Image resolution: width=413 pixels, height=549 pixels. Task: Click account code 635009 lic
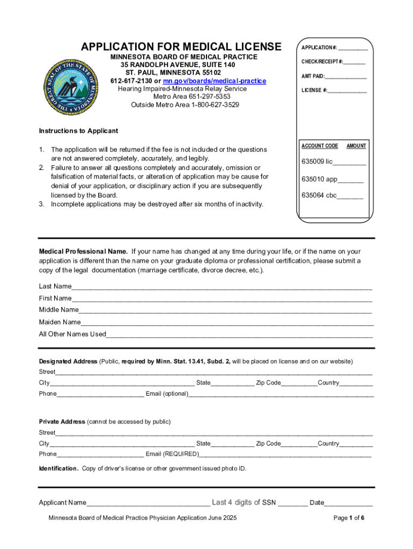click(334, 161)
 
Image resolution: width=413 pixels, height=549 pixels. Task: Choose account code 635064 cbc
click(332, 195)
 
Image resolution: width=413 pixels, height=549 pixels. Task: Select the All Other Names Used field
click(239, 335)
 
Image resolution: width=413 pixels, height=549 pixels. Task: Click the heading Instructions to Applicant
click(78, 131)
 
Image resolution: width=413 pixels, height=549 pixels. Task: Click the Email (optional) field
click(281, 394)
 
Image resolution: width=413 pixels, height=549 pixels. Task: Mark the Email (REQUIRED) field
click(285, 455)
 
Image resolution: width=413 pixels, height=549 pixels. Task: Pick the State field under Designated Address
click(232, 383)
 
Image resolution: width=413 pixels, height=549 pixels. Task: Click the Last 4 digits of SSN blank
click(292, 503)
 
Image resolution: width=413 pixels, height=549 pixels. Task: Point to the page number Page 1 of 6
click(349, 518)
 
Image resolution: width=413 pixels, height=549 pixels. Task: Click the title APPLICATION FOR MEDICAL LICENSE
click(181, 46)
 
